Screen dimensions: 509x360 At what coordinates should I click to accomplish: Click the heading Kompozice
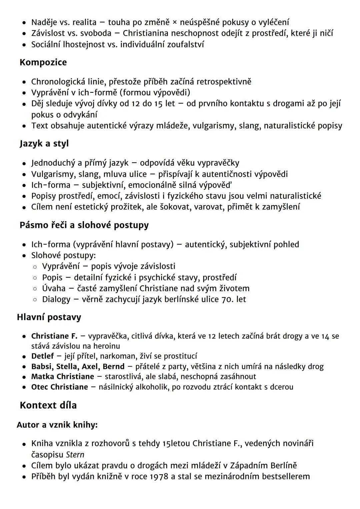pos(43,62)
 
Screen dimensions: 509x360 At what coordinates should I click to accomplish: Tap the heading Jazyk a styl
pos(44,143)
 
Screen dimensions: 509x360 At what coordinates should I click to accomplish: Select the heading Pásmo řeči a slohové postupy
pos(84,225)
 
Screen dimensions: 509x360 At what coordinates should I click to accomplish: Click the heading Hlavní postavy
pos(49,317)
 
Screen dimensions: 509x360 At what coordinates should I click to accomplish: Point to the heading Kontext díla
pos(48,405)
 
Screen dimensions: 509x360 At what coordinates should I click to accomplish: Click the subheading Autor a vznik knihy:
pos(57,425)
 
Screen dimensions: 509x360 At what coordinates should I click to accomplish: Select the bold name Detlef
pos(42,356)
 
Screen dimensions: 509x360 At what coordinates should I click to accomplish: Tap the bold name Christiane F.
pos(54,336)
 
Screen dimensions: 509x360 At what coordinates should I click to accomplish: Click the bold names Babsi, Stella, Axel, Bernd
pos(78,367)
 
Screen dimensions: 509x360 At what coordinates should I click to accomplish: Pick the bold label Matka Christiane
pos(63,377)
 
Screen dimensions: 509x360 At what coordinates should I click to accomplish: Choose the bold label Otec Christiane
pos(60,387)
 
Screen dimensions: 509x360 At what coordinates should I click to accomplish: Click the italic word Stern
pos(75,455)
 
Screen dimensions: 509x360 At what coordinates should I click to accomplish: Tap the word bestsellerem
pos(286,476)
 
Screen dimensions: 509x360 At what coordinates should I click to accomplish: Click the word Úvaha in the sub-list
pos(54,288)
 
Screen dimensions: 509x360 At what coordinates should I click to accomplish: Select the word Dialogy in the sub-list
pos(56,299)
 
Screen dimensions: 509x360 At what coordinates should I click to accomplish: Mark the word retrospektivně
pos(224,82)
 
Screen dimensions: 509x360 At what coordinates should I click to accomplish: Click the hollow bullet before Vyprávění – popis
pos(35,267)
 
